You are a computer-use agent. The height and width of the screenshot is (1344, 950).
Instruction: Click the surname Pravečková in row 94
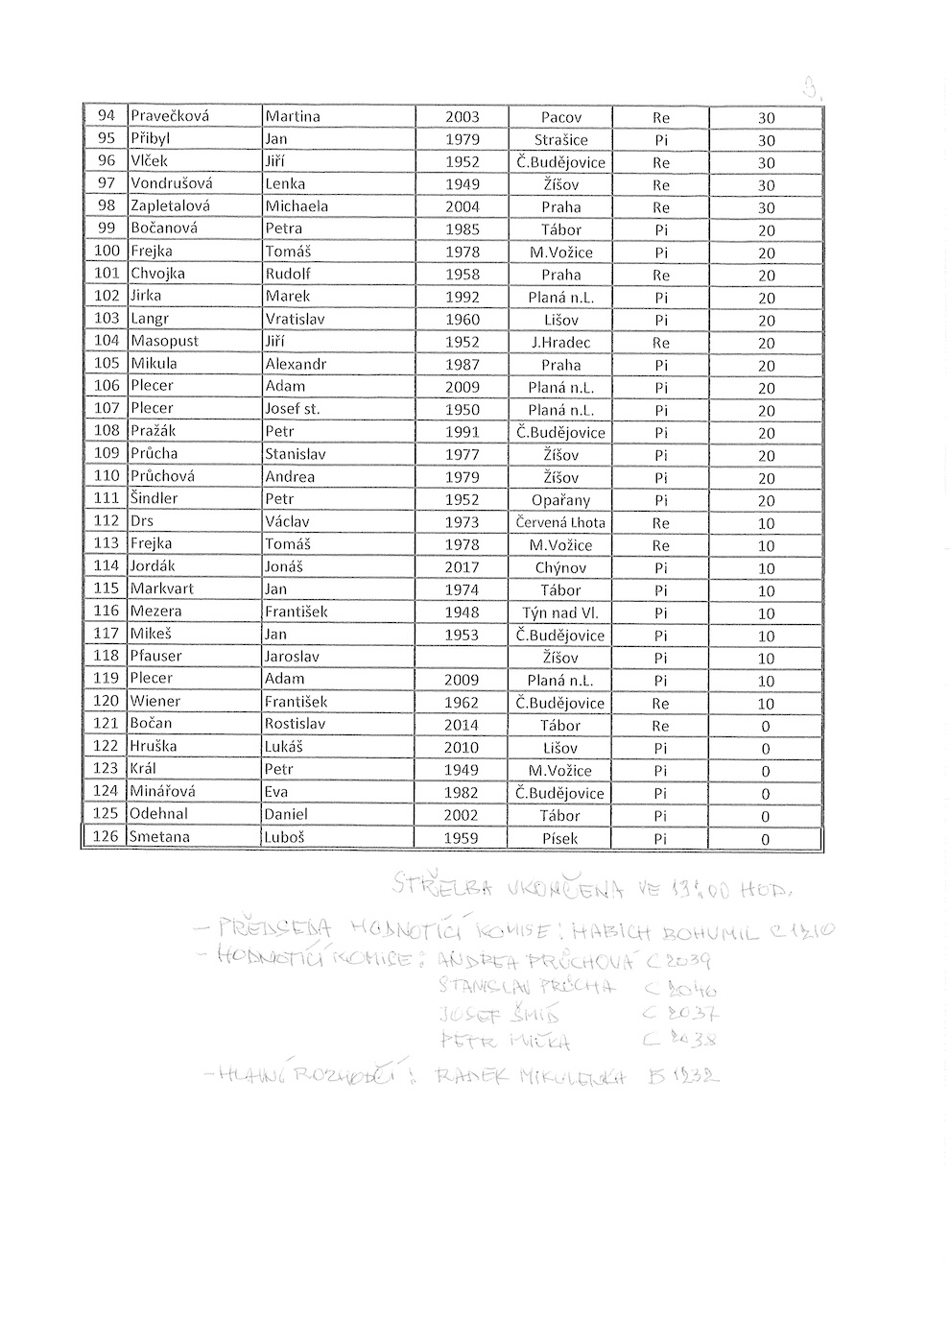click(170, 116)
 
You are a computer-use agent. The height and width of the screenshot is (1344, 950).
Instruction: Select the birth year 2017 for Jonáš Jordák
click(462, 567)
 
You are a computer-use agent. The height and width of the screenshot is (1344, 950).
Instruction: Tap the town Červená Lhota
click(560, 522)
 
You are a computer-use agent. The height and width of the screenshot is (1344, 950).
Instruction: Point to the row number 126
click(106, 837)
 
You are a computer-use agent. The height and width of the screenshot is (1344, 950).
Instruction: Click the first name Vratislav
click(295, 319)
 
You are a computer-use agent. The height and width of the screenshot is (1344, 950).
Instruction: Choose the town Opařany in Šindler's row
click(560, 500)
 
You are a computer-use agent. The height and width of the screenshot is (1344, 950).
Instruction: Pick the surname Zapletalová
click(171, 206)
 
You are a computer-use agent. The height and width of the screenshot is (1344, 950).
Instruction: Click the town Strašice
click(560, 139)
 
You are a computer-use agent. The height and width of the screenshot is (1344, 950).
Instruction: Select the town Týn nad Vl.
click(560, 612)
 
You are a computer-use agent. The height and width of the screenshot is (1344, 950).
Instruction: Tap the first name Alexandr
click(296, 364)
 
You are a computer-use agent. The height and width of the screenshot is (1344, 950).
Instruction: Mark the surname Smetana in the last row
click(159, 837)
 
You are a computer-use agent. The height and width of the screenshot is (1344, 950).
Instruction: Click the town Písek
click(560, 838)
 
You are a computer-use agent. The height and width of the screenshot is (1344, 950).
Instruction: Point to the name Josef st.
click(293, 409)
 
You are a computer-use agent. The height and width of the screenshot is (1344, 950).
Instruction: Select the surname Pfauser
click(156, 657)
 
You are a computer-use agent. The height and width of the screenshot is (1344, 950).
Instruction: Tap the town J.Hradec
click(560, 343)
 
